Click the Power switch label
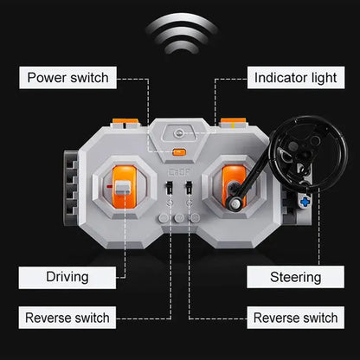[67, 78]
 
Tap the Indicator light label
[296, 78]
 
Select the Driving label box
[67, 278]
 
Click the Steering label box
[296, 277]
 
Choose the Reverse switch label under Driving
[67, 318]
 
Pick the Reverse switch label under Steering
[296, 318]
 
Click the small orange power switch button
[179, 151]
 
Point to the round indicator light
[179, 133]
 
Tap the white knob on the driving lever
[122, 188]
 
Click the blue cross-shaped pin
[305, 202]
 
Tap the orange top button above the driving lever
[125, 121]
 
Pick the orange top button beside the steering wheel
[233, 121]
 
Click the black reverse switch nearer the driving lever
[169, 188]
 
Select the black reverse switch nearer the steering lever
[189, 188]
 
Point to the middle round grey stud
[179, 218]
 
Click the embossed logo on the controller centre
[179, 173]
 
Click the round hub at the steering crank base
[234, 203]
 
